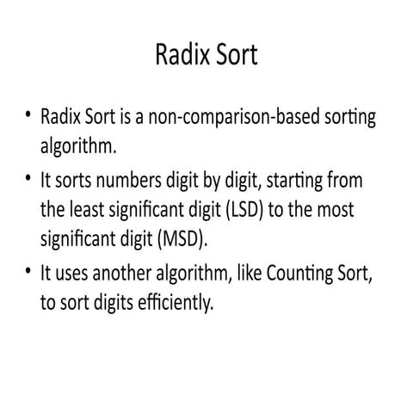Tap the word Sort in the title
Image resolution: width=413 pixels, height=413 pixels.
pos(234,56)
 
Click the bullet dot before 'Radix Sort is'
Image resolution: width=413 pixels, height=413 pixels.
pos(28,115)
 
